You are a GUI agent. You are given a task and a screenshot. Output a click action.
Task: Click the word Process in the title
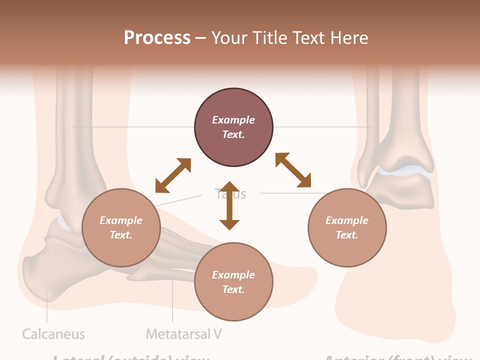tap(157, 37)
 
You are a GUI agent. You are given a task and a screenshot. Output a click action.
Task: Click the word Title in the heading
tap(269, 37)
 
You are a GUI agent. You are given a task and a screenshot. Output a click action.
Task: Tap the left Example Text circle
tap(121, 227)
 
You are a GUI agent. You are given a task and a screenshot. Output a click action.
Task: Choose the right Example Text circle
tap(347, 227)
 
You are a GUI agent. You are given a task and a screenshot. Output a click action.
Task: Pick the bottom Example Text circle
tap(233, 282)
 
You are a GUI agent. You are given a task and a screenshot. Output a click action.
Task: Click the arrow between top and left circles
tap(173, 175)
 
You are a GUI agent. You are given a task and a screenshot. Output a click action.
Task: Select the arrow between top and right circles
tap(293, 170)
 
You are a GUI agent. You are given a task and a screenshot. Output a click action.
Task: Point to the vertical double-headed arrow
tap(229, 205)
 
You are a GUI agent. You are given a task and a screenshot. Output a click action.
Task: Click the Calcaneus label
tap(53, 334)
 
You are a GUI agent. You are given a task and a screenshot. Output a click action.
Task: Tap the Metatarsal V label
tap(184, 334)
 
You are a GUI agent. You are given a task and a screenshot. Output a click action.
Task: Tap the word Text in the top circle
tap(233, 134)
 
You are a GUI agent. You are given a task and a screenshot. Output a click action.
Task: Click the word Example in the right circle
tap(347, 220)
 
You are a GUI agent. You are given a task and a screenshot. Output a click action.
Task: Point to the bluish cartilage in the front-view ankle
tap(404, 171)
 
